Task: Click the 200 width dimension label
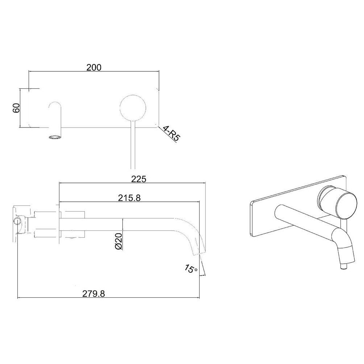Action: (x=94, y=67)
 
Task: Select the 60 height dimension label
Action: (x=16, y=108)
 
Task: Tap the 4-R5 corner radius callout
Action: (x=172, y=133)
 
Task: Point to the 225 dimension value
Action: (x=139, y=179)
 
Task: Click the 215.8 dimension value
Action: (x=130, y=198)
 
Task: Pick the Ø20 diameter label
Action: (x=119, y=242)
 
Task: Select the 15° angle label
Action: (x=191, y=268)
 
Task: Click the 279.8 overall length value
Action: (x=94, y=294)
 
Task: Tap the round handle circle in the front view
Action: (x=133, y=108)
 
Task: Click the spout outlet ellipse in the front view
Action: (x=55, y=137)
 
